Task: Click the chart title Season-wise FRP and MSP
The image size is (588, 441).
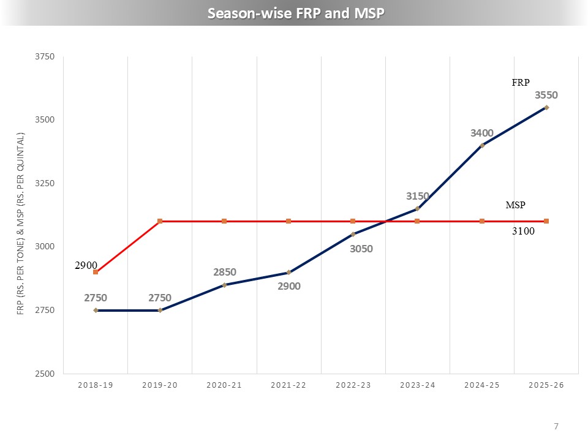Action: tap(295, 13)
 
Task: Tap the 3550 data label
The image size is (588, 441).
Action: tap(546, 95)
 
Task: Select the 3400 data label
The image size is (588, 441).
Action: tap(482, 133)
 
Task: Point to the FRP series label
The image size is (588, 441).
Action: tap(521, 82)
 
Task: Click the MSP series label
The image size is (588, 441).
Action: tap(516, 205)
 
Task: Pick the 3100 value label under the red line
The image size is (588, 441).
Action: tap(524, 232)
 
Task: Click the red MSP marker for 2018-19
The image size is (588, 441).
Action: tap(96, 272)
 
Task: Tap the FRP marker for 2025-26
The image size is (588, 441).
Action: tap(546, 108)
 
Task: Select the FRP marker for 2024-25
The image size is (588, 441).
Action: tap(482, 145)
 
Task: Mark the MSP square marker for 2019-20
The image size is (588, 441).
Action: tap(160, 221)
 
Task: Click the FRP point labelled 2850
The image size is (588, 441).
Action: tap(224, 285)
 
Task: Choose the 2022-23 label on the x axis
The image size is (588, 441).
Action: tap(353, 385)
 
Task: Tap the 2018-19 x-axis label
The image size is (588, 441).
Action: tap(96, 385)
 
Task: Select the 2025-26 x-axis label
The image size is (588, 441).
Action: tap(546, 385)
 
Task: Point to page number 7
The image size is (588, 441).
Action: tap(556, 426)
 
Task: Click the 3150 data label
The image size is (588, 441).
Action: tap(418, 196)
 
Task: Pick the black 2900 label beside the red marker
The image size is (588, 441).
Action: tap(86, 265)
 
